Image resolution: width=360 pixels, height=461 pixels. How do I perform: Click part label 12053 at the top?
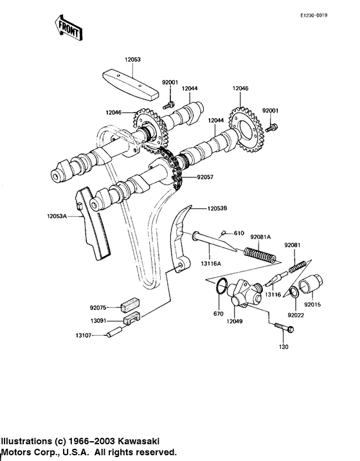click(132, 59)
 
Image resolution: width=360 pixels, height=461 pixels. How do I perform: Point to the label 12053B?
click(218, 208)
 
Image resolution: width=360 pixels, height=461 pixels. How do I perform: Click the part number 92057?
click(206, 176)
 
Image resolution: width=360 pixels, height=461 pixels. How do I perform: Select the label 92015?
click(313, 303)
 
